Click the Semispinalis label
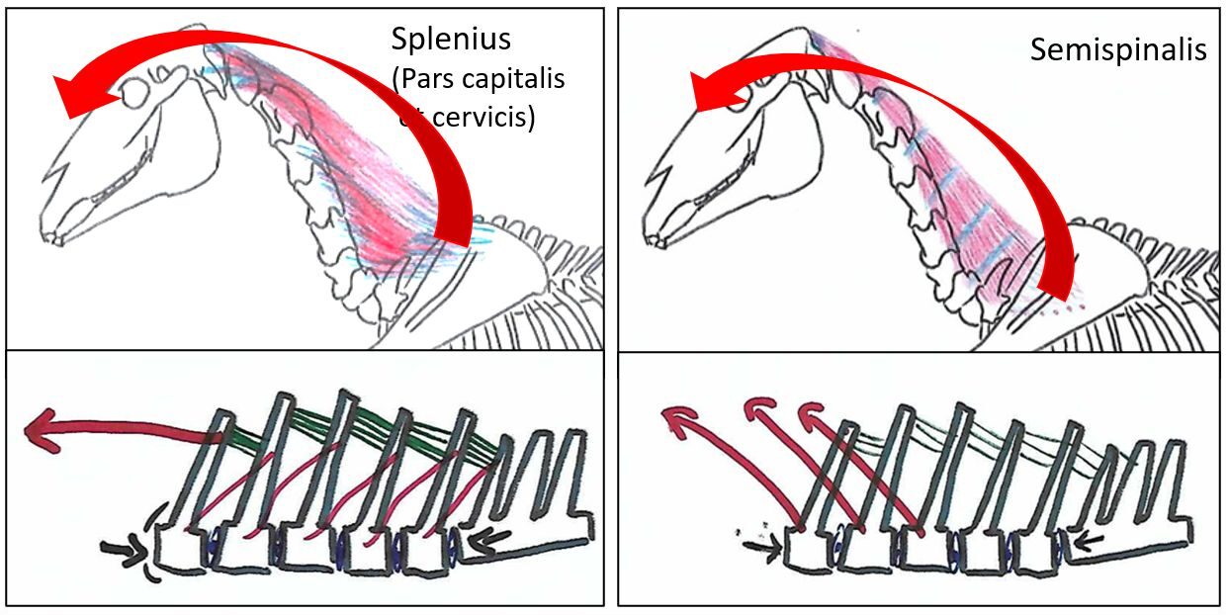point(1118,49)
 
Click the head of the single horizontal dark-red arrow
point(42,433)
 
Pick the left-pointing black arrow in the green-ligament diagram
point(490,540)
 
